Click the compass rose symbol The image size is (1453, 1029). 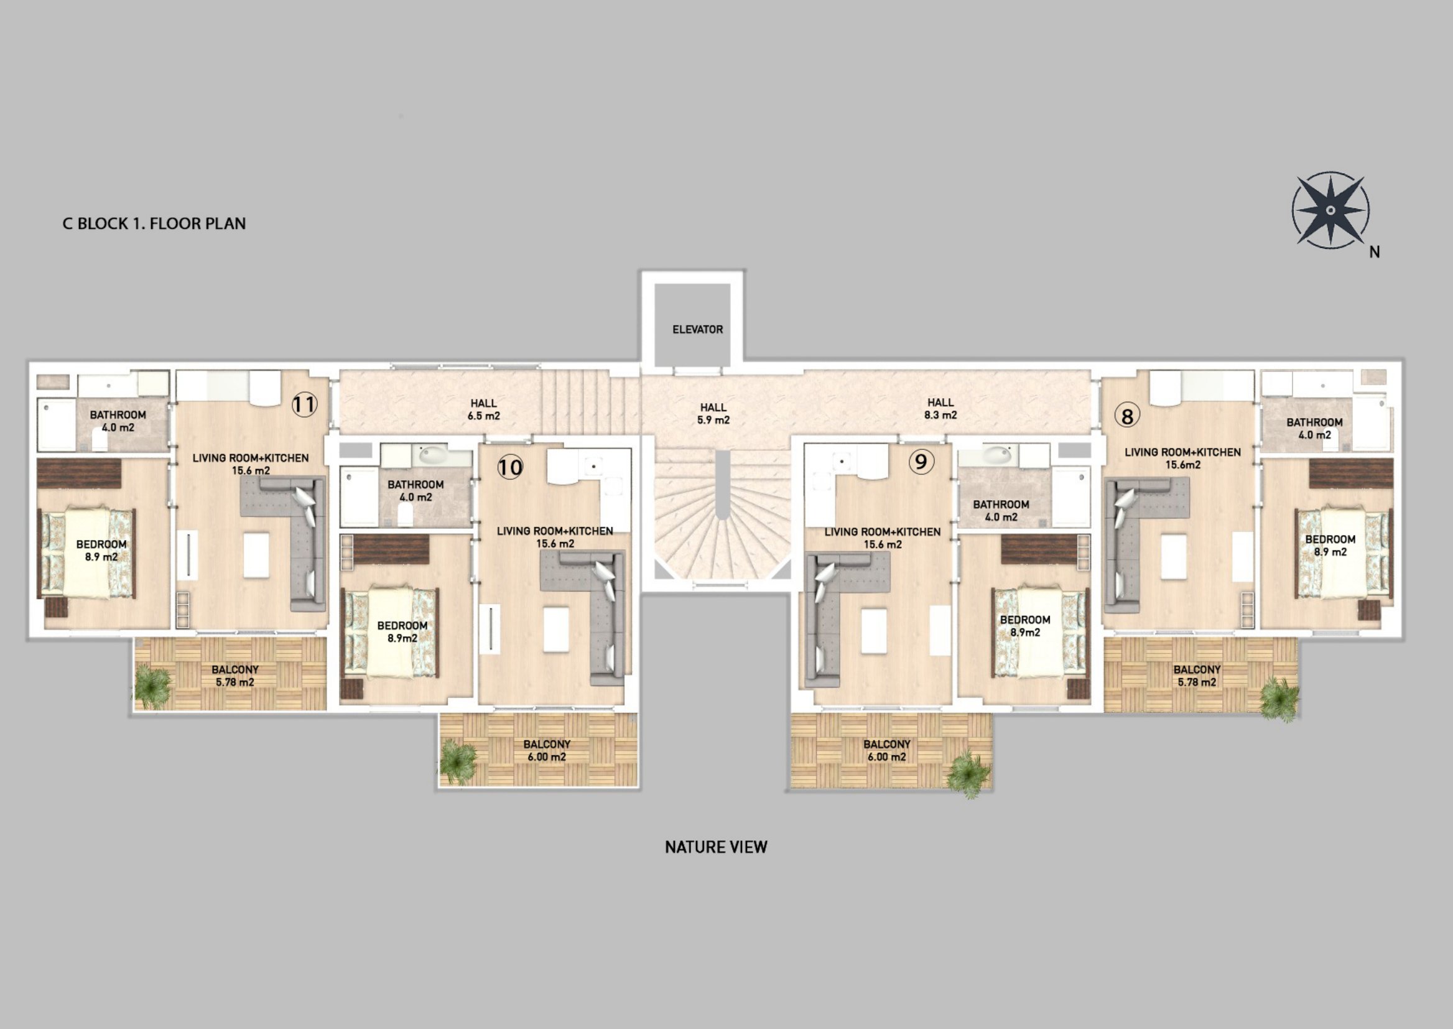(1330, 210)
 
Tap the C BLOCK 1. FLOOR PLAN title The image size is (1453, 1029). (154, 224)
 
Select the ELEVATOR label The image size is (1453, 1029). (697, 330)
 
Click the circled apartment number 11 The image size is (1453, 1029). (304, 404)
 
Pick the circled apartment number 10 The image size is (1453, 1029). (510, 468)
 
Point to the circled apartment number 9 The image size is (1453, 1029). (921, 461)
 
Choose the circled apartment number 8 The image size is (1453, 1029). (1127, 416)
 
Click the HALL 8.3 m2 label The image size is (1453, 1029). (940, 409)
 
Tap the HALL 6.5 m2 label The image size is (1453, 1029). (483, 409)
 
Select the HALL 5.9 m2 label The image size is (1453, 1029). (713, 414)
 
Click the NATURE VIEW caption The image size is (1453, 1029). (716, 847)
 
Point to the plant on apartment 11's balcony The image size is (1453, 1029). (152, 686)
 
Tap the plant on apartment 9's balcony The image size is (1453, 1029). (968, 774)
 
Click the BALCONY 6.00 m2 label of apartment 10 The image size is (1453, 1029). (547, 750)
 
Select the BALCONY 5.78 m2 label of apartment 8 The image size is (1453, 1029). (1197, 676)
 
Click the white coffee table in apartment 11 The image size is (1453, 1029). (256, 555)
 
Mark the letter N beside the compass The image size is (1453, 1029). (1375, 252)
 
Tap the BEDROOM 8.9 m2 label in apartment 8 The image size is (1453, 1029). (1330, 546)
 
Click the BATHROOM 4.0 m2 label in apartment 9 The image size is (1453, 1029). (1001, 511)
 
